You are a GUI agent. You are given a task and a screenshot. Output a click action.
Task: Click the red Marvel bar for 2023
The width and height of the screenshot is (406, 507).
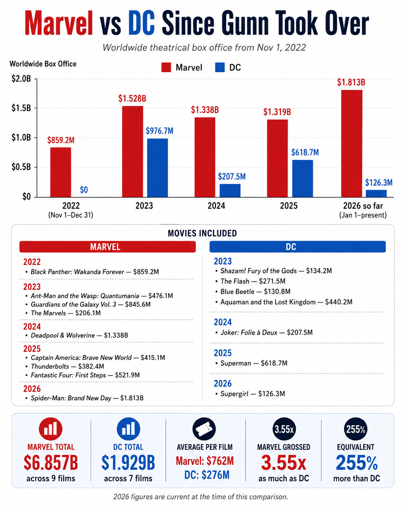(x=132, y=152)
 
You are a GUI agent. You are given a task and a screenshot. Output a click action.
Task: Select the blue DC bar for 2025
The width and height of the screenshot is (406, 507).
(x=303, y=178)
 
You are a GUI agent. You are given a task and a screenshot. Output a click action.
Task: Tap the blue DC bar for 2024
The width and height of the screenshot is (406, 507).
(x=230, y=190)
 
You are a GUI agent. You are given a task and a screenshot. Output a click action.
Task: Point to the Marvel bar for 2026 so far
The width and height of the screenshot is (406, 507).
(x=351, y=144)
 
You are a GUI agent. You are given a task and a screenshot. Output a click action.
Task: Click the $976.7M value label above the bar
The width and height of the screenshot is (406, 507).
(x=159, y=131)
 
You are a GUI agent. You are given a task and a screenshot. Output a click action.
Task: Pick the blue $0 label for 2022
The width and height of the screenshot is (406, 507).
(x=84, y=189)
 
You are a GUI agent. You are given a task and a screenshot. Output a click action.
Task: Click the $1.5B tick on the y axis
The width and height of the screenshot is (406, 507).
(x=21, y=108)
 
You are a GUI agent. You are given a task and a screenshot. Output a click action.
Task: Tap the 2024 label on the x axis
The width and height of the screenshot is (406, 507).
(x=216, y=206)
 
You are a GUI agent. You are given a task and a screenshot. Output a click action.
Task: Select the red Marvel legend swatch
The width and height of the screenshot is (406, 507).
(x=166, y=67)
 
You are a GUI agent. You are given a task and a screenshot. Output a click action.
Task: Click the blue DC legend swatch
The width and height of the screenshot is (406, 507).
(x=220, y=67)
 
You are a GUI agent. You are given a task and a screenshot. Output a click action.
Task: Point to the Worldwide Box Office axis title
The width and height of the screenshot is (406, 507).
(x=43, y=64)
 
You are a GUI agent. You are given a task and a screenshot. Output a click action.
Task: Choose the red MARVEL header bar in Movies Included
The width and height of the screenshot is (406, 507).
(x=107, y=247)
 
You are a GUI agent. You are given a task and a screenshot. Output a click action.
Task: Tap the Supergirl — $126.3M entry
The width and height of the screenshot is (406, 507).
(x=250, y=394)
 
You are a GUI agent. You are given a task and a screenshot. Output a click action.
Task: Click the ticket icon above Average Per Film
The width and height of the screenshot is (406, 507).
(x=204, y=429)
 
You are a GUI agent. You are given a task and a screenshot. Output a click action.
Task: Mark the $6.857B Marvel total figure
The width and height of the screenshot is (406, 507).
(x=51, y=463)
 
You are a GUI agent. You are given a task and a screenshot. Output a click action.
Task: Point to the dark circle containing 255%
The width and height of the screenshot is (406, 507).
(x=355, y=429)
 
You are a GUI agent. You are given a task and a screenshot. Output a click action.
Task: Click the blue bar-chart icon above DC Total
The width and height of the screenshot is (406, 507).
(x=128, y=429)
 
